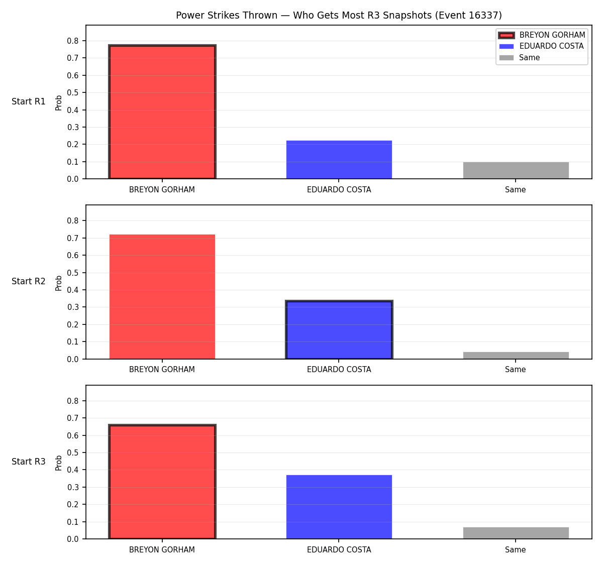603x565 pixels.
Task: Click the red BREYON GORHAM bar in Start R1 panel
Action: coord(162,111)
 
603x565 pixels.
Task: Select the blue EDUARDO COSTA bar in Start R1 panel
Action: coord(339,160)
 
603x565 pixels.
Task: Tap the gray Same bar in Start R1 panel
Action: coord(516,170)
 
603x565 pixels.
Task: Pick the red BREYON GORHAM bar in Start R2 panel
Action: coord(162,297)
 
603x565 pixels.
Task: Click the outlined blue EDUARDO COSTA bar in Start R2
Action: coord(339,330)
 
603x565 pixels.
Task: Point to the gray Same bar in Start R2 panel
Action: coord(516,356)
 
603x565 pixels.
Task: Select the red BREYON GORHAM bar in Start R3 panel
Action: coord(162,482)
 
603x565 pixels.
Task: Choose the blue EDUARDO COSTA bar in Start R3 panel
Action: coord(339,507)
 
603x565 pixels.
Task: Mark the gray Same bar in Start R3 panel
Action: coord(516,533)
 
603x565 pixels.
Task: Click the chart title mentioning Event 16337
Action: coord(339,15)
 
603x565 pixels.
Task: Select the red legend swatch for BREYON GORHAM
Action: coord(506,35)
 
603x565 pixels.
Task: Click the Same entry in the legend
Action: coord(519,58)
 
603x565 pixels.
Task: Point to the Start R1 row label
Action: coord(29,101)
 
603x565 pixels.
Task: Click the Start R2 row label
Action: coord(29,281)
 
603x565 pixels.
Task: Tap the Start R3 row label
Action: coord(29,462)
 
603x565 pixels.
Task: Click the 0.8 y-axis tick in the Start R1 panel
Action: coord(72,41)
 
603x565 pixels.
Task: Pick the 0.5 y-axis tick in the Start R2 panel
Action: coord(72,273)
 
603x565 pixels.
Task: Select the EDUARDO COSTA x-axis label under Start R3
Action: coord(339,550)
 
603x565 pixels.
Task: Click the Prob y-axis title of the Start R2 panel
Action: coord(59,283)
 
